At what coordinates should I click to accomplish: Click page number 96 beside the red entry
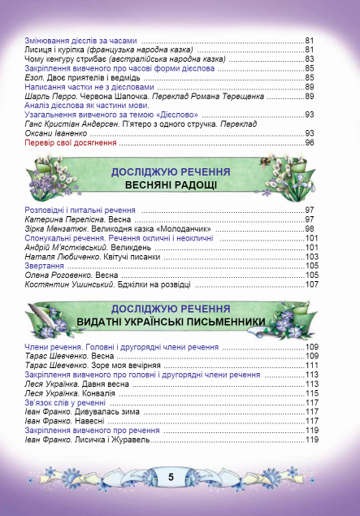(310, 143)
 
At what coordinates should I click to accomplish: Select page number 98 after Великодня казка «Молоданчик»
(310, 229)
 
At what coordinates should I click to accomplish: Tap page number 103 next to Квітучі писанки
(310, 257)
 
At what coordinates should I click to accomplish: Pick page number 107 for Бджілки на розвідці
(310, 284)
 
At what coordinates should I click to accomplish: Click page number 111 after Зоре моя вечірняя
(310, 366)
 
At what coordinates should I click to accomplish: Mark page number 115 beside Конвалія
(310, 393)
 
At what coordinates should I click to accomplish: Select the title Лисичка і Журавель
(110, 440)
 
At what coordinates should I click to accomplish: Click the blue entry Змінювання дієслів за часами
(81, 41)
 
